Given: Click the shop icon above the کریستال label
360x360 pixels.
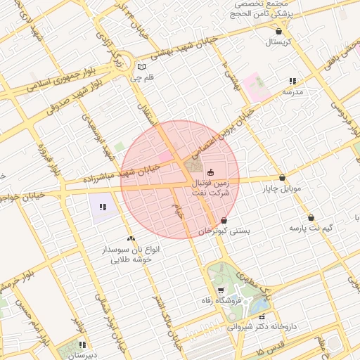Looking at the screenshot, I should (x=280, y=31).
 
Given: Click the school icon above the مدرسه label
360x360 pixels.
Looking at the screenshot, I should (x=292, y=81).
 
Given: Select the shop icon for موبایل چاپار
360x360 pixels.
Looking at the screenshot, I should (x=283, y=178).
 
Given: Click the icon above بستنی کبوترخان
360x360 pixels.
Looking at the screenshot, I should (x=224, y=220).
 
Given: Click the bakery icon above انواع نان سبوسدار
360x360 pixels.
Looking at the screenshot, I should (x=131, y=238).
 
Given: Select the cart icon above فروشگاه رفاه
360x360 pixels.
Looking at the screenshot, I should (x=221, y=290).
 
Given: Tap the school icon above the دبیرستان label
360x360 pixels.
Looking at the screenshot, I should (x=83, y=345).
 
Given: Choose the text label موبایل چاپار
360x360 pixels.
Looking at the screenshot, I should (x=282, y=189).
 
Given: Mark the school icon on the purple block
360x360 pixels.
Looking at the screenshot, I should (x=103, y=207).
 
